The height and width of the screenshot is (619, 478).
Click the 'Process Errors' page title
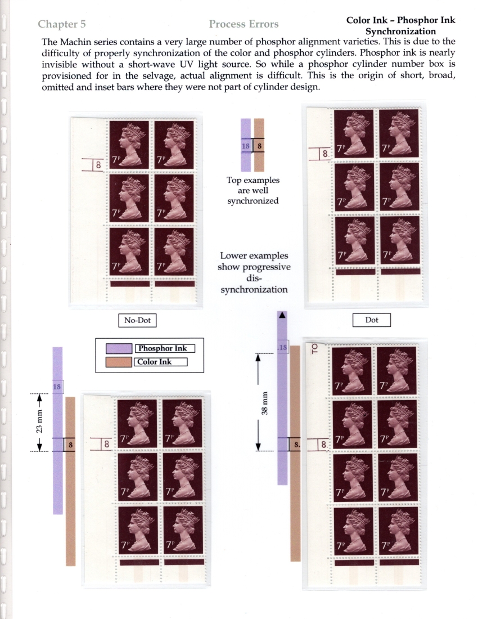pos(243,24)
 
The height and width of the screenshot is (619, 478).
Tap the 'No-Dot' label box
pos(137,321)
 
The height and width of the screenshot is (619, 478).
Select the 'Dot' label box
pos(371,320)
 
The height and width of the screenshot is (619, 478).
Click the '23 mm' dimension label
pos(33,422)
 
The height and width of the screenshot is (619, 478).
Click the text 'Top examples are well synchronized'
pos(252,191)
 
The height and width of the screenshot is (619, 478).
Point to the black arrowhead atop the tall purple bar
pos(282,316)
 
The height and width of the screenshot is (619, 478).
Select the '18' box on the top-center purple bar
pos(245,146)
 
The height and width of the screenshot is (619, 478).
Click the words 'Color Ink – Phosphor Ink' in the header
pos(400,20)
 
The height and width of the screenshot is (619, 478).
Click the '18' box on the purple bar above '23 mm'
pos(57,387)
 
